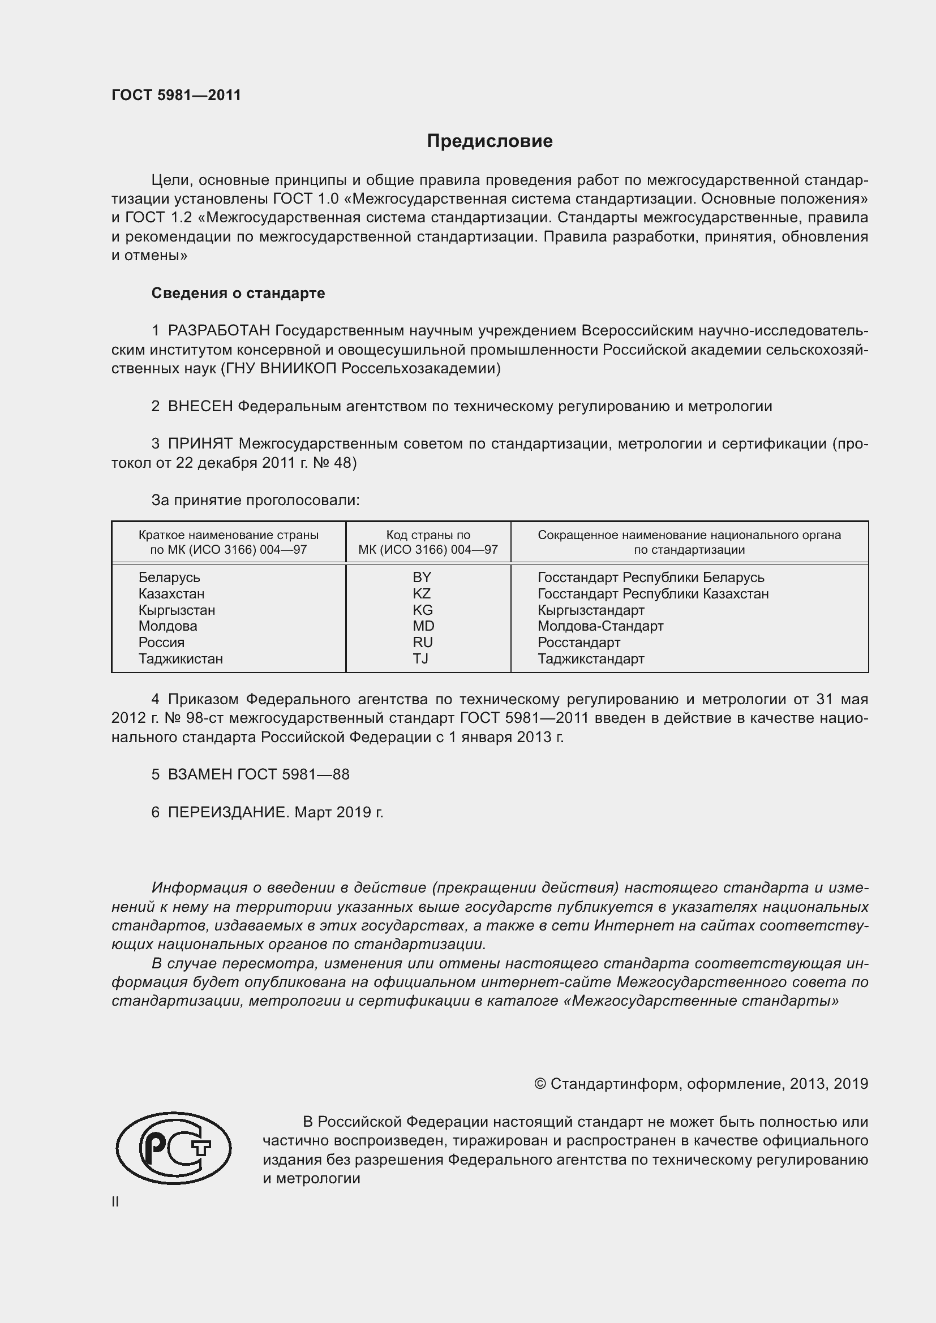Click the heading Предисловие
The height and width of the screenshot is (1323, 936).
[490, 141]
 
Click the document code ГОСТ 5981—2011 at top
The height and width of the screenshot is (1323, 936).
[177, 95]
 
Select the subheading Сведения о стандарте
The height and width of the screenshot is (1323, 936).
[238, 294]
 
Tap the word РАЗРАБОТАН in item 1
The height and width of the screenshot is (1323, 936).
[219, 331]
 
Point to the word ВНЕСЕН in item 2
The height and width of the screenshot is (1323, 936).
[200, 406]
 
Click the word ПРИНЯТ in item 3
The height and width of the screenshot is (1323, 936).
[200, 443]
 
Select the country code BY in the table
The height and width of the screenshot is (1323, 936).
[422, 578]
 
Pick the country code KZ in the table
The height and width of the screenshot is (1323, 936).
[422, 593]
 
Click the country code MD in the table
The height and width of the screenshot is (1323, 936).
[423, 626]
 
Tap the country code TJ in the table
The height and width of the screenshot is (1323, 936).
[420, 658]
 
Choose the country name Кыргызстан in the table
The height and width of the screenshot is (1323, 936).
[177, 610]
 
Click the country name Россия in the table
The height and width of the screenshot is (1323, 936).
[161, 643]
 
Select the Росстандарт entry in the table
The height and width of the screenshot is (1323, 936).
[579, 643]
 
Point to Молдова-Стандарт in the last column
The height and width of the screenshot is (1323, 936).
[600, 626]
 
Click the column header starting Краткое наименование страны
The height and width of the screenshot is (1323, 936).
[228, 542]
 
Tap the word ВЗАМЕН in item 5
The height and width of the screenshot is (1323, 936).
[200, 774]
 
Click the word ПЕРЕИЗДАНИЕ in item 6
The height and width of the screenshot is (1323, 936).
[227, 812]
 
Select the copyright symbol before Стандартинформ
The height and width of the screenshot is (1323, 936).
[539, 1084]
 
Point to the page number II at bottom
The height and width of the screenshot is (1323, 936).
[115, 1202]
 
